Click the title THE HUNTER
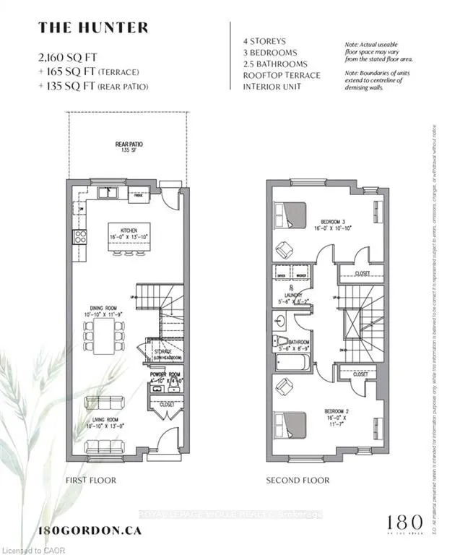coord(93,28)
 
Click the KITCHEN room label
coord(129,232)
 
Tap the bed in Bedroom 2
coord(291,422)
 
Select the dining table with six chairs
coord(104,336)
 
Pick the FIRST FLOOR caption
coord(90,480)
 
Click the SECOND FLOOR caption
coord(298,480)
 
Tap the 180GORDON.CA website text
coord(89,530)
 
